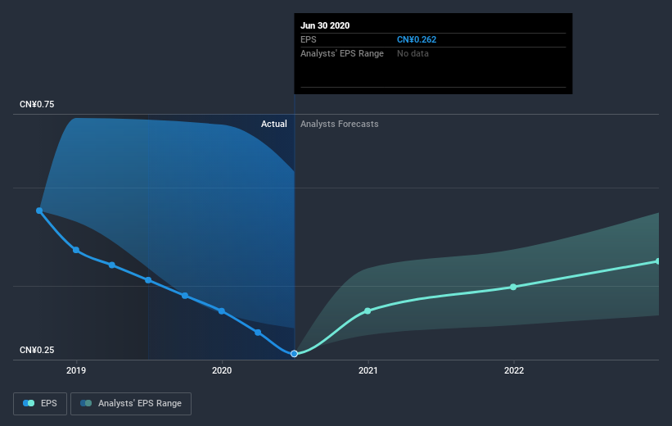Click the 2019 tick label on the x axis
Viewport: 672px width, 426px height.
76,370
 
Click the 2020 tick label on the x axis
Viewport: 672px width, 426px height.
222,370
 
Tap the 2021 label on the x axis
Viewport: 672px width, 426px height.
368,370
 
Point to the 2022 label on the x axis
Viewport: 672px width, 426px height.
513,370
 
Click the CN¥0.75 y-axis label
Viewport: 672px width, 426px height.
38,105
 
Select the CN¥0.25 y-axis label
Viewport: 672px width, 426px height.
38,351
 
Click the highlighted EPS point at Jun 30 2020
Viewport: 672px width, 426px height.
294,353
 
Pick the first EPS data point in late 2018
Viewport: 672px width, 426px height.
39,211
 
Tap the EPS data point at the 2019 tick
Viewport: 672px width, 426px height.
76,250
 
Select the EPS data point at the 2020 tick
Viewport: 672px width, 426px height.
222,311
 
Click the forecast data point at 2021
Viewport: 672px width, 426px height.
368,310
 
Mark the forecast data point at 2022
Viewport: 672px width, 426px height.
513,287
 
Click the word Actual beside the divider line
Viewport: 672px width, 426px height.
273,124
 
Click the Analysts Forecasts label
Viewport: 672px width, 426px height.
339,124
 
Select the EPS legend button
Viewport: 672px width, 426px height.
40,403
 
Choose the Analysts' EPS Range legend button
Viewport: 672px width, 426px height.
131,403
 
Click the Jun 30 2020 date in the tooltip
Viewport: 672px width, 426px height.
326,25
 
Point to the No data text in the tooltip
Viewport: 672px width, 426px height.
413,53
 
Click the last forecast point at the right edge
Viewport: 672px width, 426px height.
657,261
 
